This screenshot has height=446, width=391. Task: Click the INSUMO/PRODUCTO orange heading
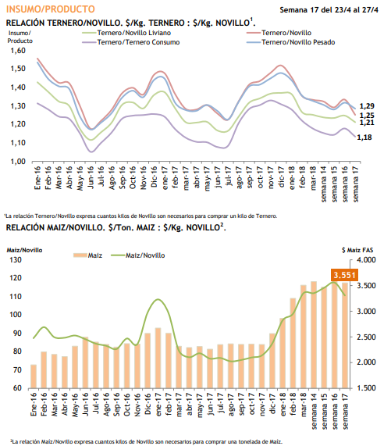pos(50,9)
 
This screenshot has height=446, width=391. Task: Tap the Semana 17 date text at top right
pos(329,9)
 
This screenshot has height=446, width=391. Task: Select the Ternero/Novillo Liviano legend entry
pos(126,33)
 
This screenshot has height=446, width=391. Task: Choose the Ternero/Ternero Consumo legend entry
pos(131,42)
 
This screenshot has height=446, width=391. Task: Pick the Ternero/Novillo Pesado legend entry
pos(291,42)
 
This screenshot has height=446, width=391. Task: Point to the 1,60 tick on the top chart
pos(18,50)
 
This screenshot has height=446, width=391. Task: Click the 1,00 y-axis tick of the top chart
pos(18,161)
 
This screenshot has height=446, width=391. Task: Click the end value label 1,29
pos(367,105)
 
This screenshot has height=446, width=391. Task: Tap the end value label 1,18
pos(364,137)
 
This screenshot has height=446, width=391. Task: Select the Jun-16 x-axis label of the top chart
pos(91,177)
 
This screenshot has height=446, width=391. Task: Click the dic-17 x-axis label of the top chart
pos(281,177)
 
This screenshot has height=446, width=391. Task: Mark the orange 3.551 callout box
pos(344,275)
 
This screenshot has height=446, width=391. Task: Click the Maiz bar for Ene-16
pos(34,376)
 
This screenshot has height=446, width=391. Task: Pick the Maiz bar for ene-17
pos(158,358)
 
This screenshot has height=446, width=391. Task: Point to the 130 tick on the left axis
pos(16,259)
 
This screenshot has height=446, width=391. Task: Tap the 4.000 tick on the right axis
pos(366,259)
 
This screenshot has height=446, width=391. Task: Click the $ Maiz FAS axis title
pos(357,250)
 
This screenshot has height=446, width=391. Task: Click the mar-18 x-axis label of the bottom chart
pos(303,405)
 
